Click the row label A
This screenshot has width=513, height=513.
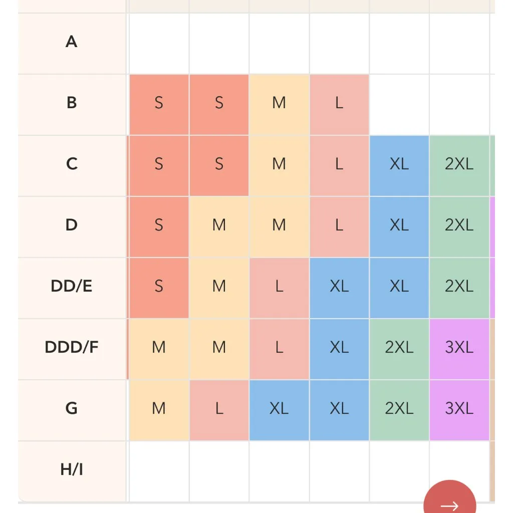point(72,42)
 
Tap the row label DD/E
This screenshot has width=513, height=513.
point(72,286)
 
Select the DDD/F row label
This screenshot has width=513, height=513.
point(72,347)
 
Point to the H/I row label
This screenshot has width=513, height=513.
point(72,469)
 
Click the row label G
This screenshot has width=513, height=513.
point(72,408)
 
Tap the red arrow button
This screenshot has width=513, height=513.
point(449,501)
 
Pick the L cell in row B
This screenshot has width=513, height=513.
point(339,103)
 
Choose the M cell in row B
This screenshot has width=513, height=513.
point(279,103)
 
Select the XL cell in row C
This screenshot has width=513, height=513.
point(399,164)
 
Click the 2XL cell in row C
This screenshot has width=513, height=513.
point(459,164)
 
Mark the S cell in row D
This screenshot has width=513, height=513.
point(159,225)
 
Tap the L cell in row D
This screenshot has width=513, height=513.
point(339,225)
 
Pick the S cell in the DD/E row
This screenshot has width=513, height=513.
point(159,287)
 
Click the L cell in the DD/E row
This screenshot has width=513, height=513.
point(279,287)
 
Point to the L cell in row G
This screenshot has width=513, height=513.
point(219,409)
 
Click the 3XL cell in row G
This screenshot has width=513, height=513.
point(459,409)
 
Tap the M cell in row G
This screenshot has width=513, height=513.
point(159,409)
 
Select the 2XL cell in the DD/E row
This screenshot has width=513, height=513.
point(459,287)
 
